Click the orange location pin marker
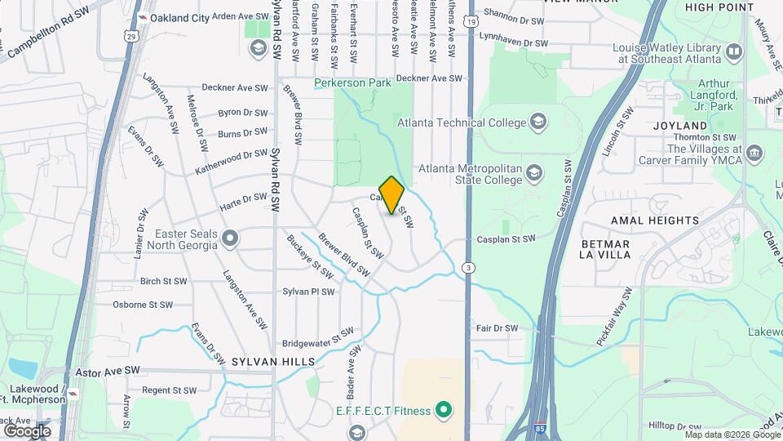392,195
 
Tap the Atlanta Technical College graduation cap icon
537,123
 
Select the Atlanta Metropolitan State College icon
533,172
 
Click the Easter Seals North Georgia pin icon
231,238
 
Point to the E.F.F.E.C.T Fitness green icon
444,408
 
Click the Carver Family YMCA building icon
754,153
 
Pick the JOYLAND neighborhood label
680,127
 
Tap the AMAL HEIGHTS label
655,220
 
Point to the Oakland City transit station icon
144,17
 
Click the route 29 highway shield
130,36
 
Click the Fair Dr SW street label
497,328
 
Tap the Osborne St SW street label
143,305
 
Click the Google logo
27,430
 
